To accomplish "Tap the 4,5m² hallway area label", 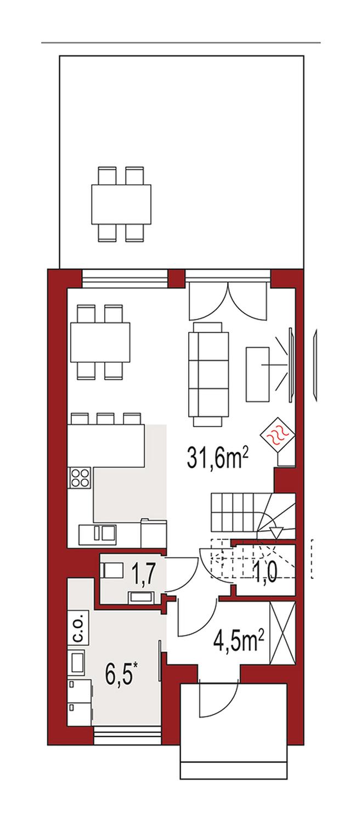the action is coord(239,640).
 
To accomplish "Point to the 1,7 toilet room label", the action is coord(143,573).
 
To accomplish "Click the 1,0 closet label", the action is coord(266,572).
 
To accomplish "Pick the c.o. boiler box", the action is coord(78,628).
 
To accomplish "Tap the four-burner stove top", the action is coord(80,478).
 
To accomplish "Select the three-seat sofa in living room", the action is coord(209,374).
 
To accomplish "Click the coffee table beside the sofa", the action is coord(258,374).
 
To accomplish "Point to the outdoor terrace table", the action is coord(121,205).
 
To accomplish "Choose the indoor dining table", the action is coord(100,342).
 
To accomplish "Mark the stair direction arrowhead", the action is coord(276,532).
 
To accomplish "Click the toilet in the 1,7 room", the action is coord(112,571).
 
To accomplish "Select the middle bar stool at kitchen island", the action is coord(105,418).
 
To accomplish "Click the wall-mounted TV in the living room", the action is coord(292,365).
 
